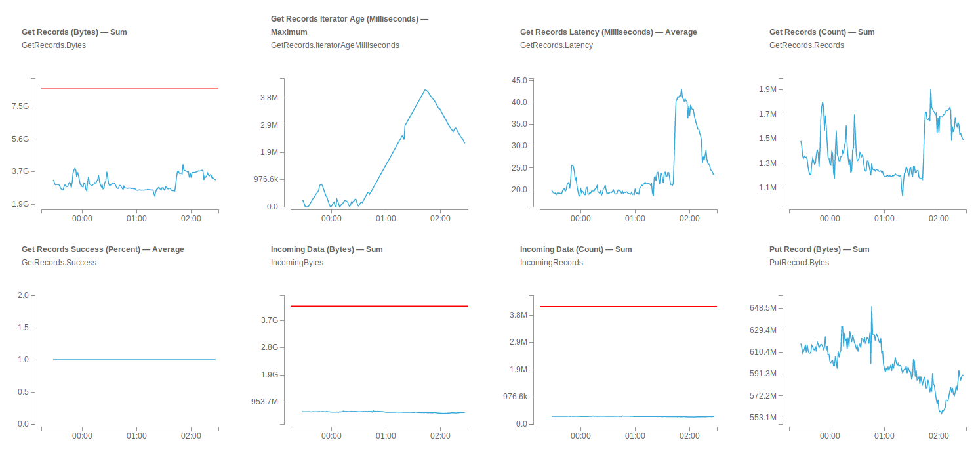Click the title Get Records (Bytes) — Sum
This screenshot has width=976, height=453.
tap(74, 32)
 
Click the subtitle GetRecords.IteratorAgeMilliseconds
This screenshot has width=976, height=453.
tap(335, 45)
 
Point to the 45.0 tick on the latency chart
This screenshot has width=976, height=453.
tap(519, 80)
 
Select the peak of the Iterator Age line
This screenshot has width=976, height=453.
tap(425, 90)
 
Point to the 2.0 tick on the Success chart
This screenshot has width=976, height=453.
tap(23, 295)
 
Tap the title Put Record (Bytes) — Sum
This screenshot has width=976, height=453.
tap(819, 249)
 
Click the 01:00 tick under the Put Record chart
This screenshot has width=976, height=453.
tap(884, 435)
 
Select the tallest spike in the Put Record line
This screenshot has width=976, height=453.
tap(872, 307)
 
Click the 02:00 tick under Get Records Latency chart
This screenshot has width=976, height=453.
tap(689, 217)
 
